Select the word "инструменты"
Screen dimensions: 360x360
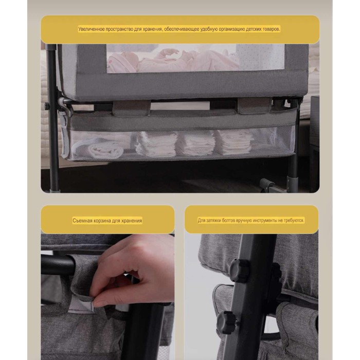pyautogui.click(x=265, y=221)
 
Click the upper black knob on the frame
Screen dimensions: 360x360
pyautogui.click(x=239, y=271)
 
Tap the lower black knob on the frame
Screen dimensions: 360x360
pyautogui.click(x=226, y=322)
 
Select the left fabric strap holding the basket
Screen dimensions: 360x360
pyautogui.click(x=131, y=108)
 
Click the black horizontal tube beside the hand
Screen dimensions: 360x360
pyautogui.click(x=58, y=264)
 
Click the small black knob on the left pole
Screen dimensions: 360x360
pyautogui.click(x=47, y=106)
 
